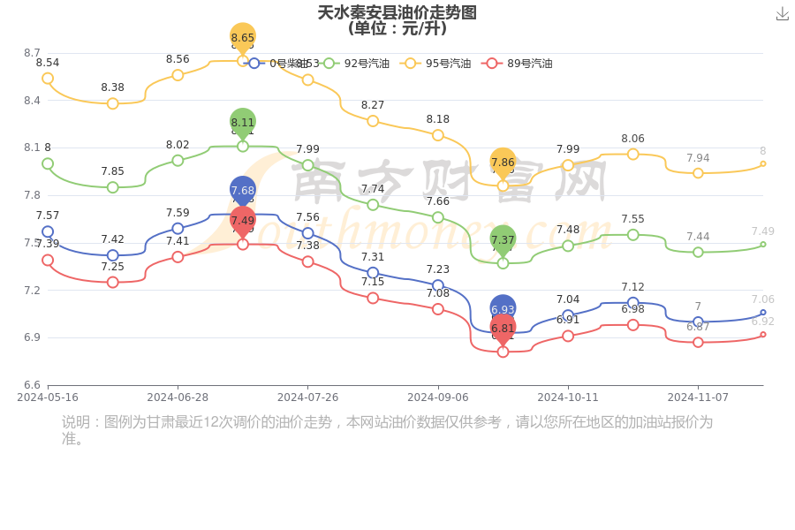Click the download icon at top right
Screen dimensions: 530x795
coord(782,13)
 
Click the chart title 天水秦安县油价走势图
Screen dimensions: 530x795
coord(397,12)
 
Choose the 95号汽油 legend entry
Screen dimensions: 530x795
coord(438,64)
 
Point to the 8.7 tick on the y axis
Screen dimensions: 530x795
coord(32,53)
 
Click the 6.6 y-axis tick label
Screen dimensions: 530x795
coord(32,385)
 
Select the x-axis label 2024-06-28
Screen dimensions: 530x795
coord(178,397)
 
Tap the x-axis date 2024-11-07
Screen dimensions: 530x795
coord(698,397)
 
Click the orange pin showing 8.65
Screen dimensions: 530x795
coord(243,38)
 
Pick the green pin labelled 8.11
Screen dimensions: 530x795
coord(243,123)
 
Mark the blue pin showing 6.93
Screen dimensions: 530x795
coord(503,309)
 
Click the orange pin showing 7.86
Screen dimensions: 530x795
coord(503,163)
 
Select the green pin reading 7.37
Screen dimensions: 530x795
coord(503,239)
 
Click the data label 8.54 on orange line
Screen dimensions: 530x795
coord(48,63)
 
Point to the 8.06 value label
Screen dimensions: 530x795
coord(632,139)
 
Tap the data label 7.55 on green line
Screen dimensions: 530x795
coord(632,219)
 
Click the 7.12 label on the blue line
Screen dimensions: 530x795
coord(632,287)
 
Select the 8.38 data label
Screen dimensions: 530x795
coord(112,87)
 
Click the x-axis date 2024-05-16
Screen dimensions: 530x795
coord(48,397)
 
